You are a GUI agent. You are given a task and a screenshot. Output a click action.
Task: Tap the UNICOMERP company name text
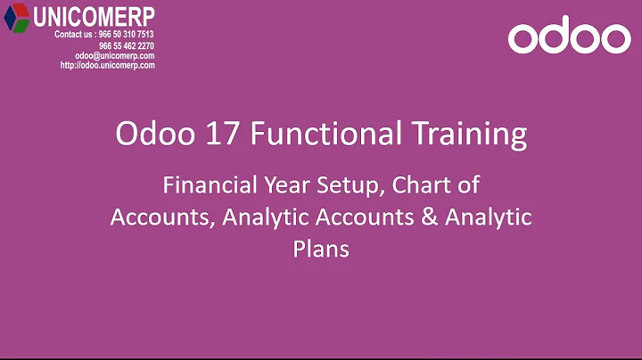[94, 16]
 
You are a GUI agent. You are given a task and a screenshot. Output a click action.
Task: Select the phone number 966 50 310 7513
[126, 35]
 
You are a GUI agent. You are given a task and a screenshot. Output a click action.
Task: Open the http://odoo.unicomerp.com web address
[108, 65]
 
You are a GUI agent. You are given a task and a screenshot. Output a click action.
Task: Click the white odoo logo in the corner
[569, 37]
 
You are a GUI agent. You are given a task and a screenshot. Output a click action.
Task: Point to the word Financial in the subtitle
[202, 186]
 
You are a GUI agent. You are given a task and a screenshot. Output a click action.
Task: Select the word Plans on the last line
[320, 250]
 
